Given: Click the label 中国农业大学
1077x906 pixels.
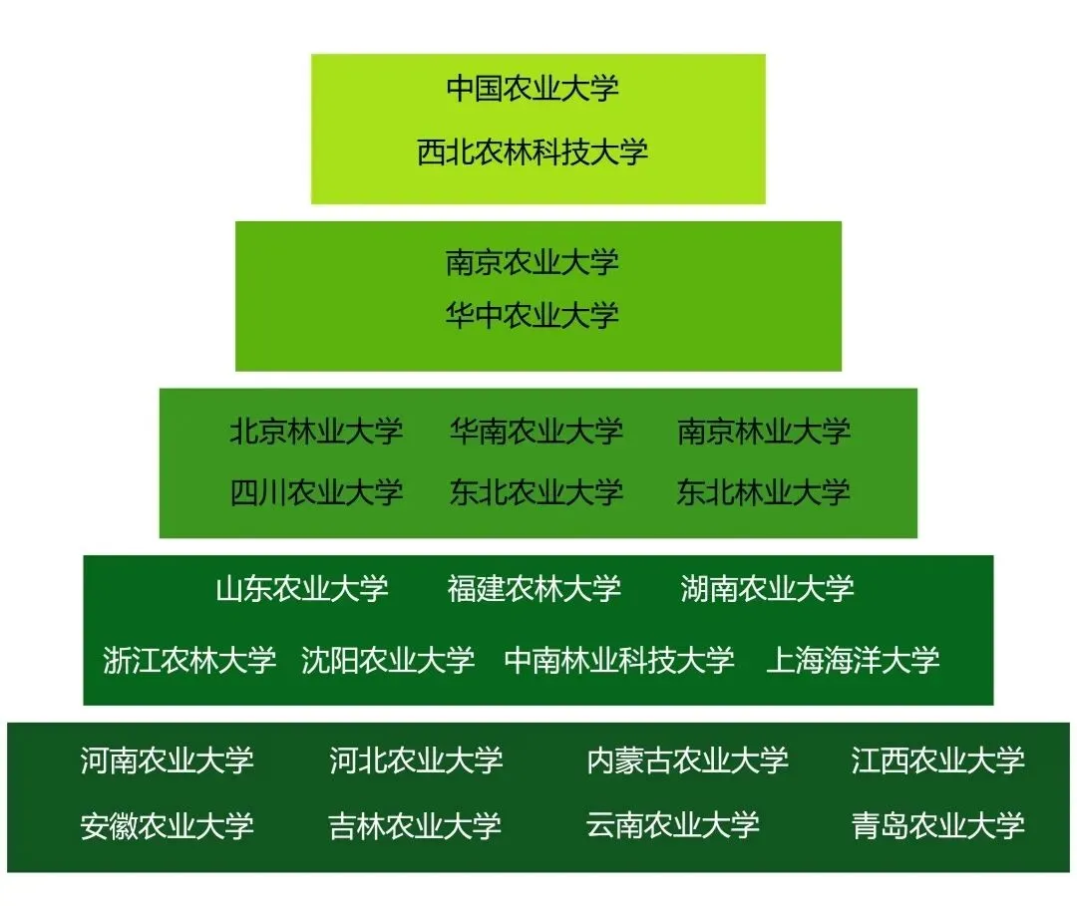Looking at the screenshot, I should coord(533,88).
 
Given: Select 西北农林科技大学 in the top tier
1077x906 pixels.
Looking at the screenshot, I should coord(533,151).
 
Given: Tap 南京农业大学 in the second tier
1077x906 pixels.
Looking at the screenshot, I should coord(533,262).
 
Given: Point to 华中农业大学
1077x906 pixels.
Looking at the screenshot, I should coord(533,316).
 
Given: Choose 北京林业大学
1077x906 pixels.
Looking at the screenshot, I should coord(316,432).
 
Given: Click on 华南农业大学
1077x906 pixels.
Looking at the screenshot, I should coord(536,432).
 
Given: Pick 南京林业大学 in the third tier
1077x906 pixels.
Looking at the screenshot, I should coord(764,432).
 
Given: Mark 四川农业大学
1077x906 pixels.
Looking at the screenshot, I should coord(316,491).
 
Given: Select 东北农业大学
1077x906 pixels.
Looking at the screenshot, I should coord(536,491).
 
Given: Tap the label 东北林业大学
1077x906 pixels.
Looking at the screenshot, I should coord(764,491).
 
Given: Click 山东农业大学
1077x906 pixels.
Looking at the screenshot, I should coord(302,588).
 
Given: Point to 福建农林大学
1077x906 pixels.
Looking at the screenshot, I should coord(535,588).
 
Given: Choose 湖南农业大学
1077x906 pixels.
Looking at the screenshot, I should coord(767,588).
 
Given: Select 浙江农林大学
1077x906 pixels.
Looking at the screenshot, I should coord(189,660).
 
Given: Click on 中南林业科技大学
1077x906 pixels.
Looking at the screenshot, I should coord(619,660).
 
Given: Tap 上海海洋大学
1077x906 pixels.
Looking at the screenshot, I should coord(853,660).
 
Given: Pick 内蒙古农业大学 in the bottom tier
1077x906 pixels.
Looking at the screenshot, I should coord(688,760).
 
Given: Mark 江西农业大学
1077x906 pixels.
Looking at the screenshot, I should coord(937,760).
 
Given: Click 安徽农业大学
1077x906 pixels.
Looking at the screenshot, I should coord(167,825).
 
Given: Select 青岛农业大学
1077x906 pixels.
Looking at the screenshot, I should coord(937,825).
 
